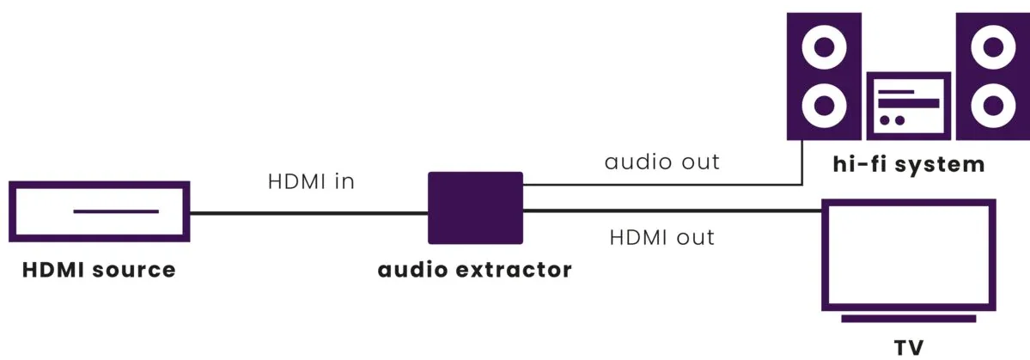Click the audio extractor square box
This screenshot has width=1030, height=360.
476,208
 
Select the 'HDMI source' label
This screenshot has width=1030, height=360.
99,269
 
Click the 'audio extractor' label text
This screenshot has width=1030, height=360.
474,269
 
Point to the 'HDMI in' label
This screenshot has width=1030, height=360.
311,182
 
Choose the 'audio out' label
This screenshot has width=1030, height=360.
662,162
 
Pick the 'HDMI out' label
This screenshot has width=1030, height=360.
662,237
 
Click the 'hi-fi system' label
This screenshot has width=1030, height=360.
909,163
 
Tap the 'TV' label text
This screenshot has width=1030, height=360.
909,347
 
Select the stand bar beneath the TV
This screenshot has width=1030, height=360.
909,319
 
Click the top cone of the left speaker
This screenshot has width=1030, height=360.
825,47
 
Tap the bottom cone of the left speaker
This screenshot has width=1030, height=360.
825,105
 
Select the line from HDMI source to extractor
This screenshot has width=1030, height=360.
309,213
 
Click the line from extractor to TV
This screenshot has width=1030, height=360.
673,211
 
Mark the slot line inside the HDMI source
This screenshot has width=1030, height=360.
116,211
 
